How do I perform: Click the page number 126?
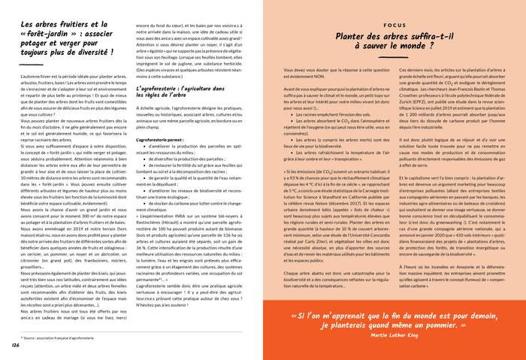pos(15,344)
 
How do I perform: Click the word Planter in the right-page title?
pos(354,37)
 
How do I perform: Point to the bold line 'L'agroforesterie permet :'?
pos(162,139)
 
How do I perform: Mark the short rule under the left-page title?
pos(29,65)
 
